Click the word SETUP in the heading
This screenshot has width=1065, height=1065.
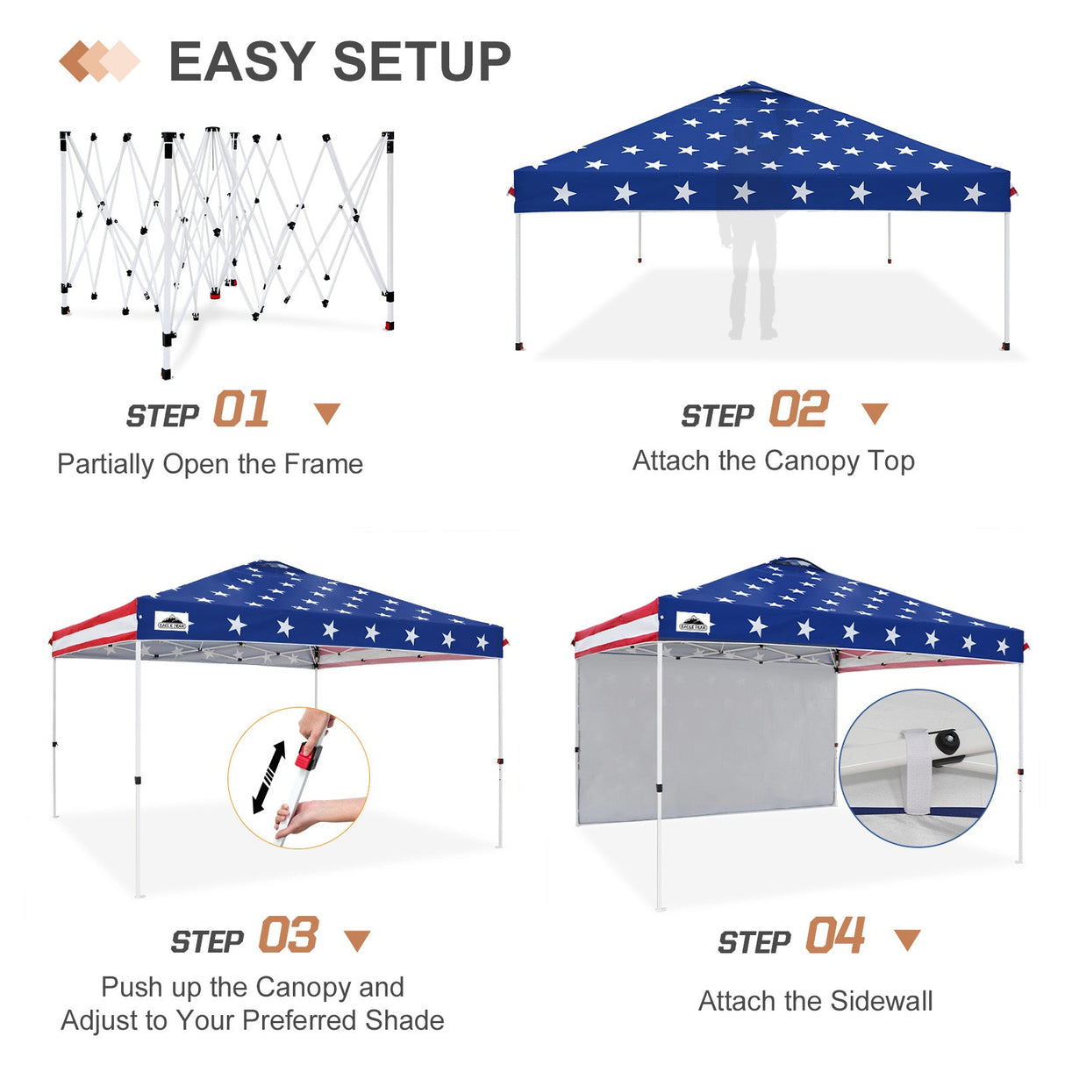tap(422, 62)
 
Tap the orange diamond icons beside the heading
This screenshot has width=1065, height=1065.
tap(99, 61)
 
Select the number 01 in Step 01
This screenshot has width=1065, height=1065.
tap(241, 411)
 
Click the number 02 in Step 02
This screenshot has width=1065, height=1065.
tap(798, 411)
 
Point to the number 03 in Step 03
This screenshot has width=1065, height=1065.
tap(288, 936)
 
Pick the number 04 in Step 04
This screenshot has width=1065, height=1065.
tap(835, 936)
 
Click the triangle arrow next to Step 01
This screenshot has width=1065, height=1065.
tap(327, 413)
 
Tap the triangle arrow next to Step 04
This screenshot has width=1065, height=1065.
tap(907, 940)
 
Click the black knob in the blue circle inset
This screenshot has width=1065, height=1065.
tap(947, 742)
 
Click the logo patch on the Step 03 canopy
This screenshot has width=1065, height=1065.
tap(172, 623)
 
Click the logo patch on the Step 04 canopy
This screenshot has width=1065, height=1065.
tap(693, 625)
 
